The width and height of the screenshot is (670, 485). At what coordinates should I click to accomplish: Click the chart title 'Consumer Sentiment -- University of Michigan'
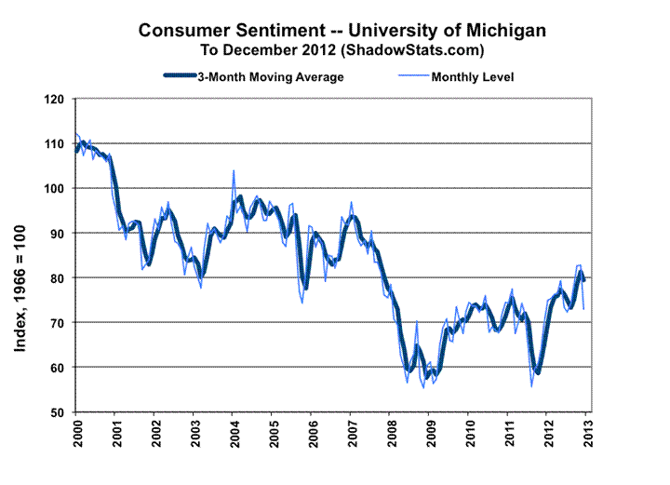click(x=342, y=31)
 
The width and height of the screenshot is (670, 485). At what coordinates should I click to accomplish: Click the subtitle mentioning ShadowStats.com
click(x=342, y=48)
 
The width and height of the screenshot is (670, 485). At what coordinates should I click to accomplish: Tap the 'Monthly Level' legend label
click(x=472, y=76)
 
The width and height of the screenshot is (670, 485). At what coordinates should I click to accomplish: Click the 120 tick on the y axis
click(x=58, y=99)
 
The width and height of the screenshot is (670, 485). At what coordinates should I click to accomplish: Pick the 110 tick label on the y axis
click(x=58, y=143)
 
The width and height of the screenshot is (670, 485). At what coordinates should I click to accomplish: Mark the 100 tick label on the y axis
click(x=58, y=188)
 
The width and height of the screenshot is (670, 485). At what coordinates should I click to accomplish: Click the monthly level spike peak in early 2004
click(x=234, y=171)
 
